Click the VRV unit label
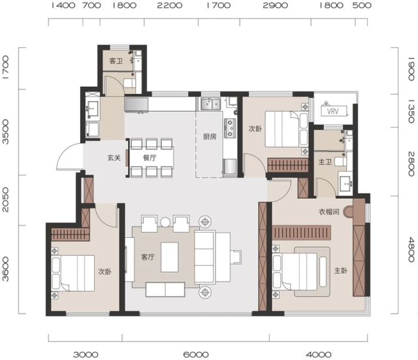pos(333,111)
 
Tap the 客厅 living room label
pos(148,257)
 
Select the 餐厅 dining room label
pos(150,157)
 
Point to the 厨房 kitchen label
pos(210,137)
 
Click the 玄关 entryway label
pos(114,157)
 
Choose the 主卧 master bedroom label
pos(341,270)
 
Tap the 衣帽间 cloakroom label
pos(329,212)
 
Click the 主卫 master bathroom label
pos(325,161)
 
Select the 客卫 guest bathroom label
pos(116,61)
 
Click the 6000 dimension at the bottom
pos(196,355)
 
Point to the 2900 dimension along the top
pos(276,6)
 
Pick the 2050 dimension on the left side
pos(5,199)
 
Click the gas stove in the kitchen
pos(230,128)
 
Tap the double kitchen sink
pos(210,104)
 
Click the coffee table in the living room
pos(170,257)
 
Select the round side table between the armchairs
pos(165,222)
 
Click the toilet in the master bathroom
pos(340,162)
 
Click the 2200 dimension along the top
pos(170,6)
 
